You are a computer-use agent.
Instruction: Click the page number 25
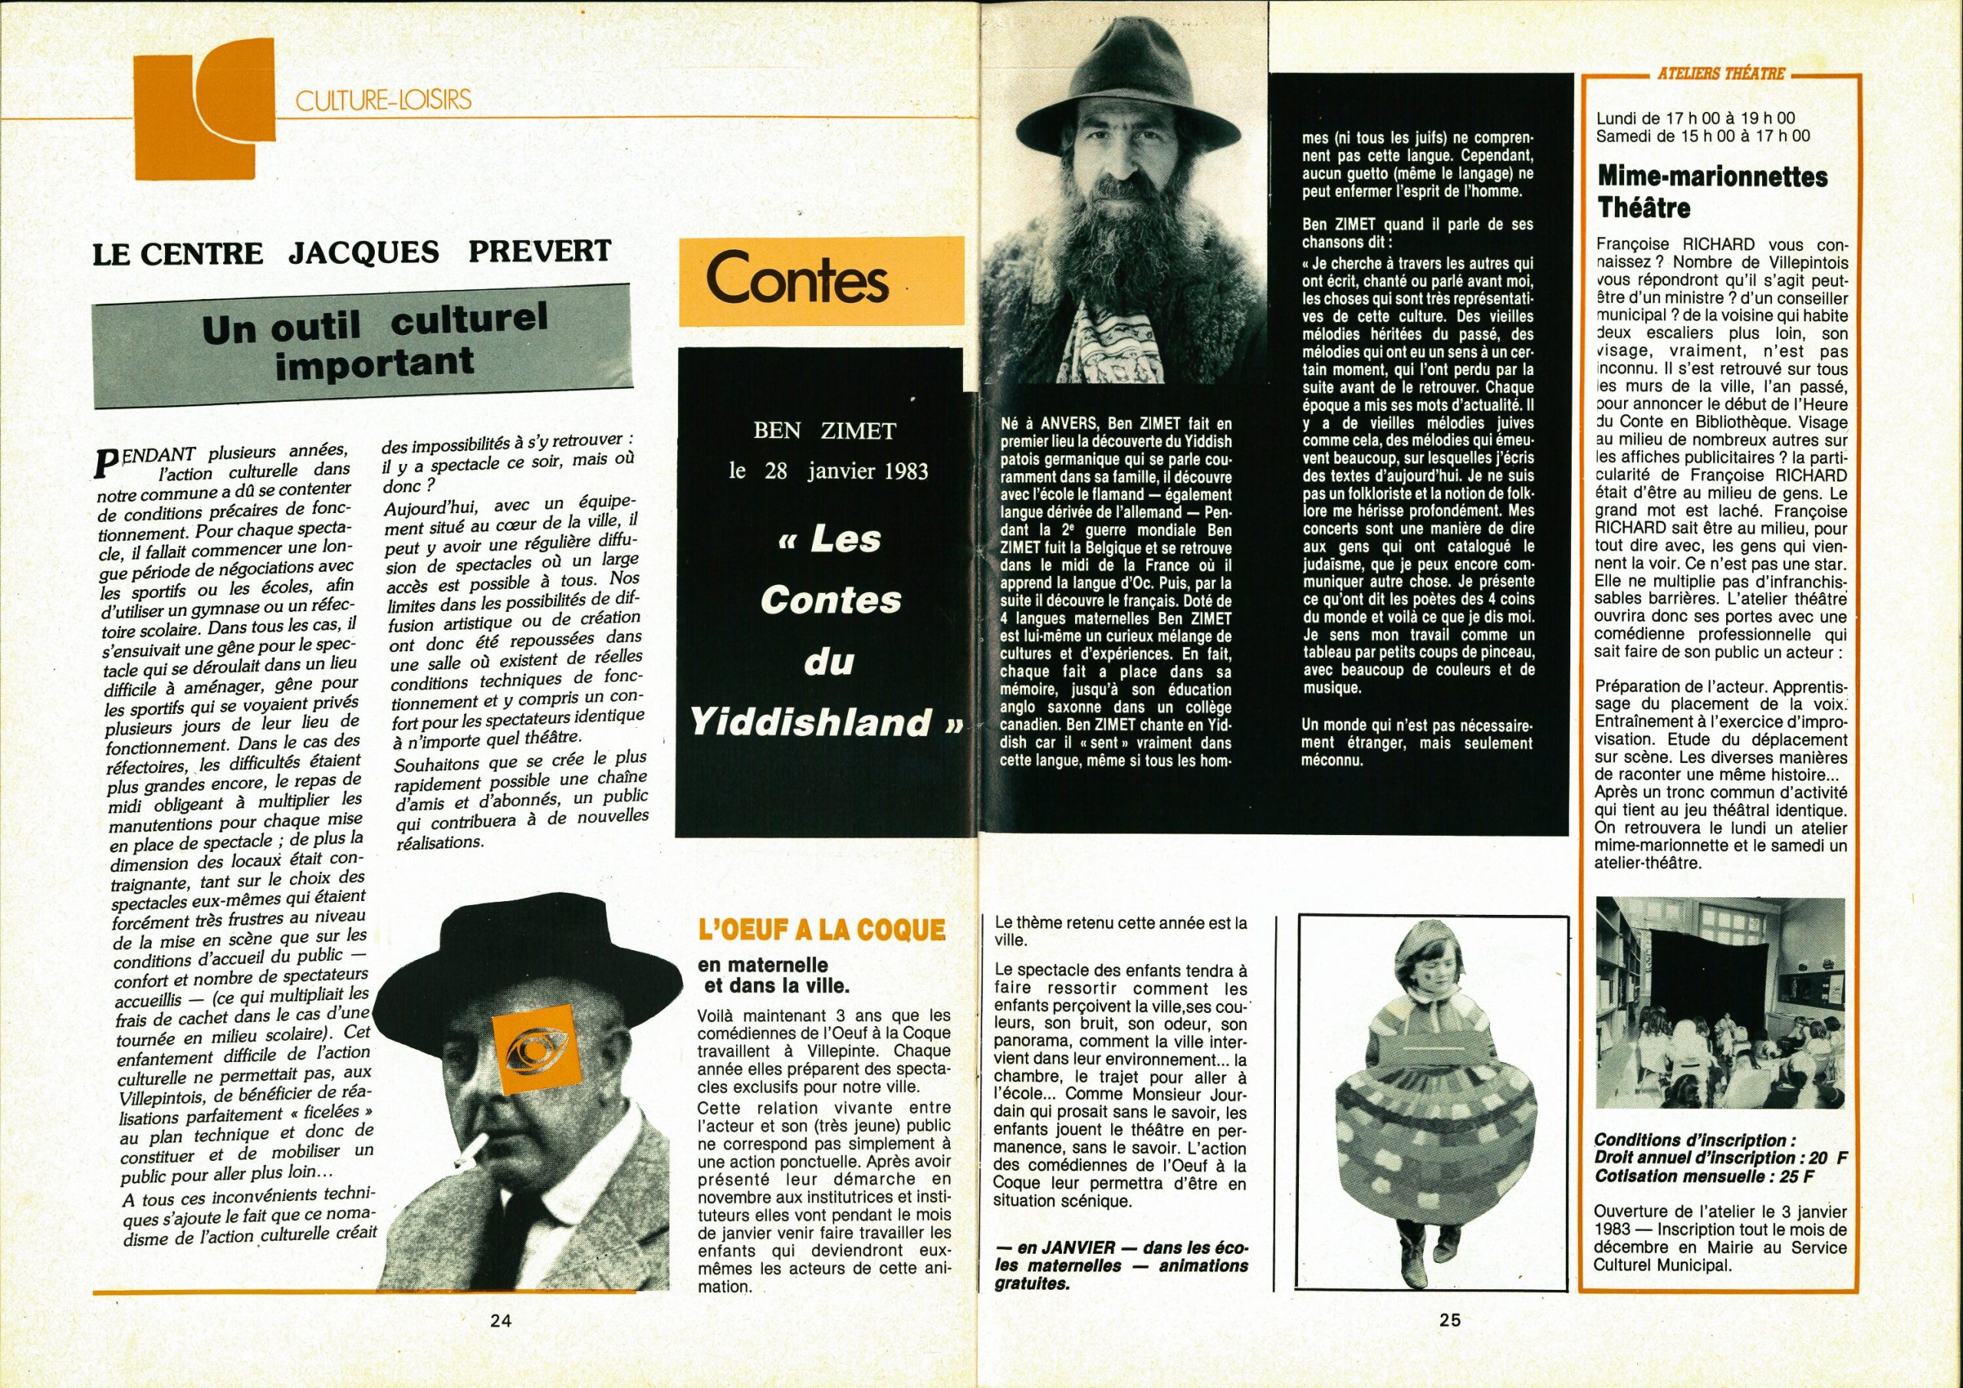pyautogui.click(x=1449, y=1344)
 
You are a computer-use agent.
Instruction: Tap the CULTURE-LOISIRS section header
pyautogui.click(x=383, y=101)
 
